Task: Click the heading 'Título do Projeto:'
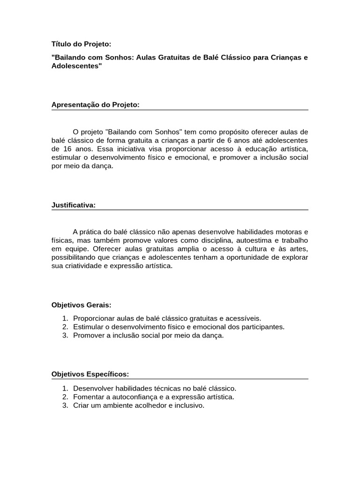[81, 44]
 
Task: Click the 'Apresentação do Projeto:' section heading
[96, 105]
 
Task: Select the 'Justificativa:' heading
[74, 205]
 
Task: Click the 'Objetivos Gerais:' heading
[81, 305]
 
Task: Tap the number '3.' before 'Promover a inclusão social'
[65, 335]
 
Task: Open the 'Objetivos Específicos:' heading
[90, 374]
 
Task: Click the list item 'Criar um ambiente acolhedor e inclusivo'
[139, 405]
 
